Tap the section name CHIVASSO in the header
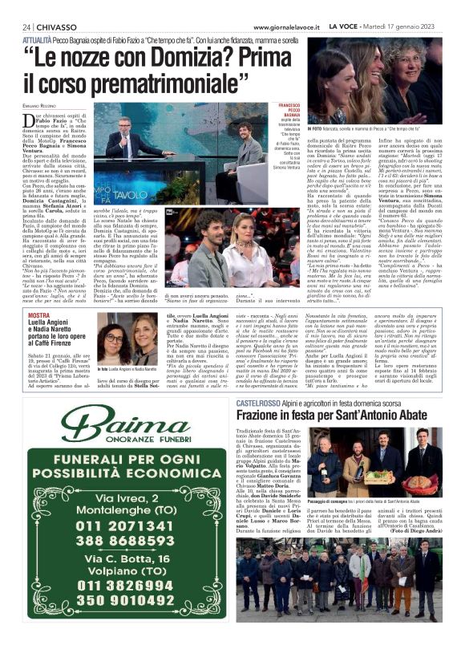tap(56, 26)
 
